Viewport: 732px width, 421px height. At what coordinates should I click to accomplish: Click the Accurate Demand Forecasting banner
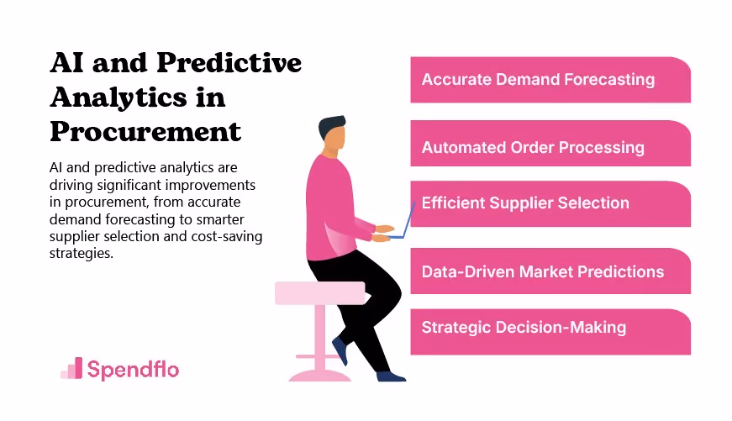[550, 80]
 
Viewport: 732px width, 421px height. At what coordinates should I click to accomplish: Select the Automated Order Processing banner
[550, 144]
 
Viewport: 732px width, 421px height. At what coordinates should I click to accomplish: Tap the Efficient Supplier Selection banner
[550, 204]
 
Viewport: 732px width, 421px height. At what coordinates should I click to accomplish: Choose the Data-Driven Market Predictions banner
[550, 271]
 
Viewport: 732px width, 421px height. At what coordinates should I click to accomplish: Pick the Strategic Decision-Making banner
[550, 332]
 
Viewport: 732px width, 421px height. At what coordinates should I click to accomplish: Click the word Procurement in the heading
[145, 131]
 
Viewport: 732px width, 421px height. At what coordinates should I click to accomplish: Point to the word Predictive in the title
[229, 62]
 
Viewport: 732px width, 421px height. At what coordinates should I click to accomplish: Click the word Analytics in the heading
[118, 98]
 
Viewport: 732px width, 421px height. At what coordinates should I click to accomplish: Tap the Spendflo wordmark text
[133, 370]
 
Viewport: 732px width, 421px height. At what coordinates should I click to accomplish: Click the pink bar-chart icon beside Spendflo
[72, 368]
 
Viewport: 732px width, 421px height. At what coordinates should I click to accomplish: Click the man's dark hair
[331, 126]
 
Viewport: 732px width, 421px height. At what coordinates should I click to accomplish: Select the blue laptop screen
[408, 220]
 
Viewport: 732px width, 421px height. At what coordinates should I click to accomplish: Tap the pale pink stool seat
[320, 293]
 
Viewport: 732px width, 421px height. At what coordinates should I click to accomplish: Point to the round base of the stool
[320, 376]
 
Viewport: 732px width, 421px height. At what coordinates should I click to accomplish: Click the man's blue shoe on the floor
[391, 376]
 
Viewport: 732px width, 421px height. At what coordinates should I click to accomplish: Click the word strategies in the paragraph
[81, 254]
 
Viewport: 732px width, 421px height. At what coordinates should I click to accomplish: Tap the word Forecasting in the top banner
[609, 80]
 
